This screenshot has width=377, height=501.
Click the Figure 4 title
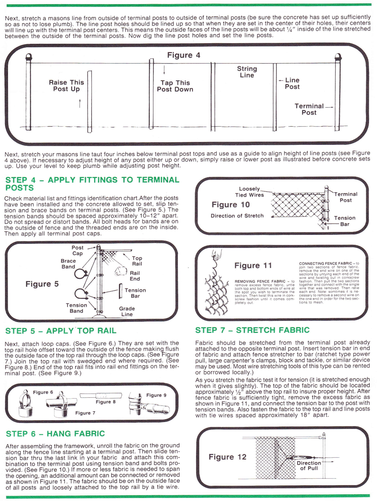(184, 55)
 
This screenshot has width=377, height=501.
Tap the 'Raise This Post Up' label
(66, 86)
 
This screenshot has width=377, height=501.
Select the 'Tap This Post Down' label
(175, 86)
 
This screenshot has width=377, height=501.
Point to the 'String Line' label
(247, 72)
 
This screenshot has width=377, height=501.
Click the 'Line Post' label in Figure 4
(292, 83)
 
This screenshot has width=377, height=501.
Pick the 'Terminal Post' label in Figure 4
(309, 109)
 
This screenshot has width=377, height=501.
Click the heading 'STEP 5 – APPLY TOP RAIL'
(61, 331)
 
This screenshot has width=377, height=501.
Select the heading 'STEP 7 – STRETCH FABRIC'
(252, 330)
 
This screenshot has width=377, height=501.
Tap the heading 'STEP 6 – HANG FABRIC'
(56, 434)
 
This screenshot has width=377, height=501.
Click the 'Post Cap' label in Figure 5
(77, 250)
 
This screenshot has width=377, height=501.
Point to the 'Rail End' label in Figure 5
(135, 276)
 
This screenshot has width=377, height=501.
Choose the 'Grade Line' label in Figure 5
(127, 311)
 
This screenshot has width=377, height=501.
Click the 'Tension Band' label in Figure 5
(76, 308)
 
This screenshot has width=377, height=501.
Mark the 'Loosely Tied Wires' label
(250, 192)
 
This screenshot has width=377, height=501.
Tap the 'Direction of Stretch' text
(237, 216)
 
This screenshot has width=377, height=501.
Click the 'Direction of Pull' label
(309, 466)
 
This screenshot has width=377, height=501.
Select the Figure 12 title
(227, 457)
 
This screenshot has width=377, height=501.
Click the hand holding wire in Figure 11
(216, 255)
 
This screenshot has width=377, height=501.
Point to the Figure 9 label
(156, 395)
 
